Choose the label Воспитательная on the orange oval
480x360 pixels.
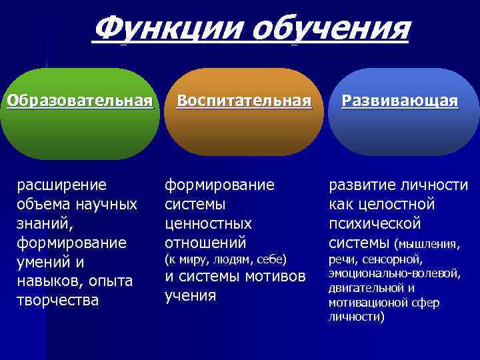click(x=243, y=101)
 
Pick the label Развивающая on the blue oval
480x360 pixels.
click(x=400, y=101)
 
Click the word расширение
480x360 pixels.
click(x=61, y=185)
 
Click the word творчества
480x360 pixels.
click(x=57, y=301)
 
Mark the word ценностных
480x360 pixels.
click(x=208, y=223)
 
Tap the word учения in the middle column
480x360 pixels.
click(x=190, y=295)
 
